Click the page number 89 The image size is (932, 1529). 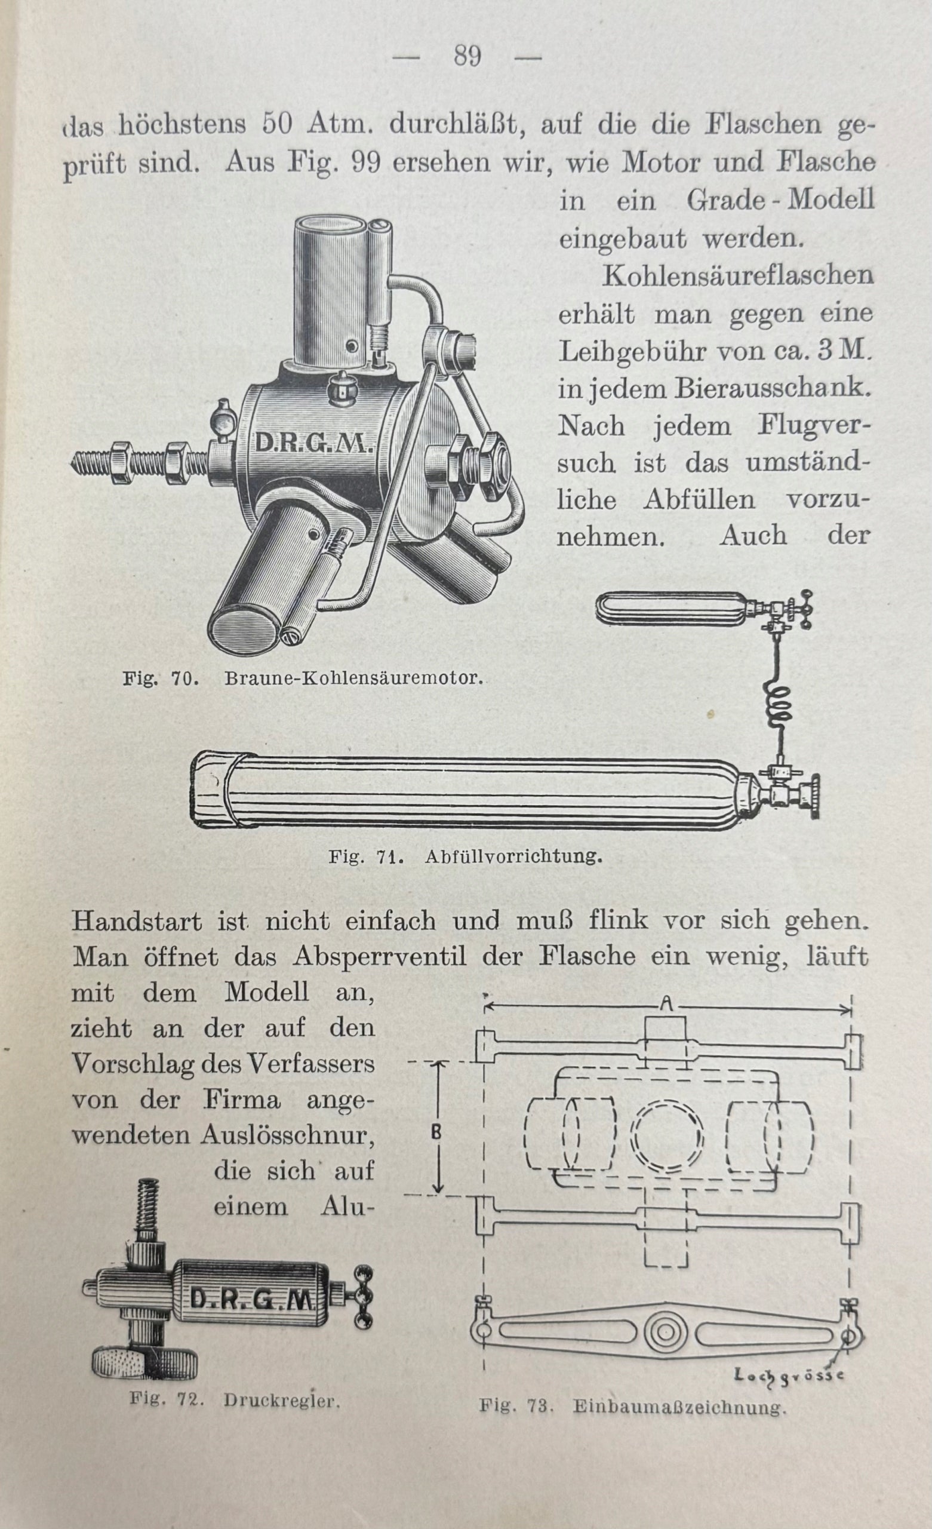467,57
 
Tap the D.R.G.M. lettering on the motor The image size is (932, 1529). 313,443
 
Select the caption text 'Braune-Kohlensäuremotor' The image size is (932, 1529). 353,678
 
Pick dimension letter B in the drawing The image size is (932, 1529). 436,1133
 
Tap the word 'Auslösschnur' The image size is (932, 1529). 287,1135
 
